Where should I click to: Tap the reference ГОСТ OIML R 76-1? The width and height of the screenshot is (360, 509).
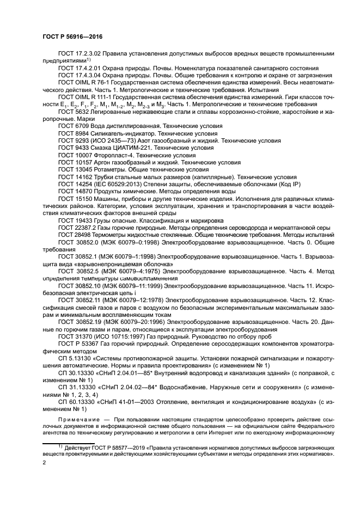(x=83, y=82)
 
